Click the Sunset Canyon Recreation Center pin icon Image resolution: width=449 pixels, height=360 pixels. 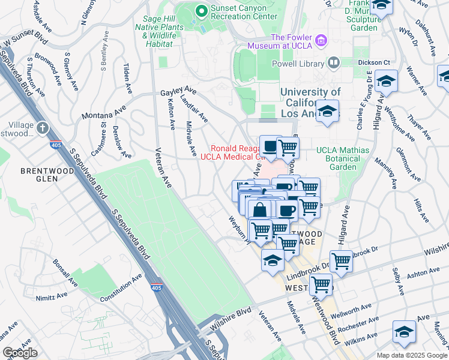201,10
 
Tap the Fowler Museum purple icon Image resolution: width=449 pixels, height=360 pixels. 322,40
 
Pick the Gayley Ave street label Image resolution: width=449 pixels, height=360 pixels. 178,93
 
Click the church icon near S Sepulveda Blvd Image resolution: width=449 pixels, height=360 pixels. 42,127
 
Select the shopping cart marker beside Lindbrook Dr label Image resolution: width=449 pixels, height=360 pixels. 341,261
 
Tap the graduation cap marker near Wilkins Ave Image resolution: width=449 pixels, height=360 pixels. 404,331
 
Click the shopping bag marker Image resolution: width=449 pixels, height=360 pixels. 259,211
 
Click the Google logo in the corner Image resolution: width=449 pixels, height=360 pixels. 20,353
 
